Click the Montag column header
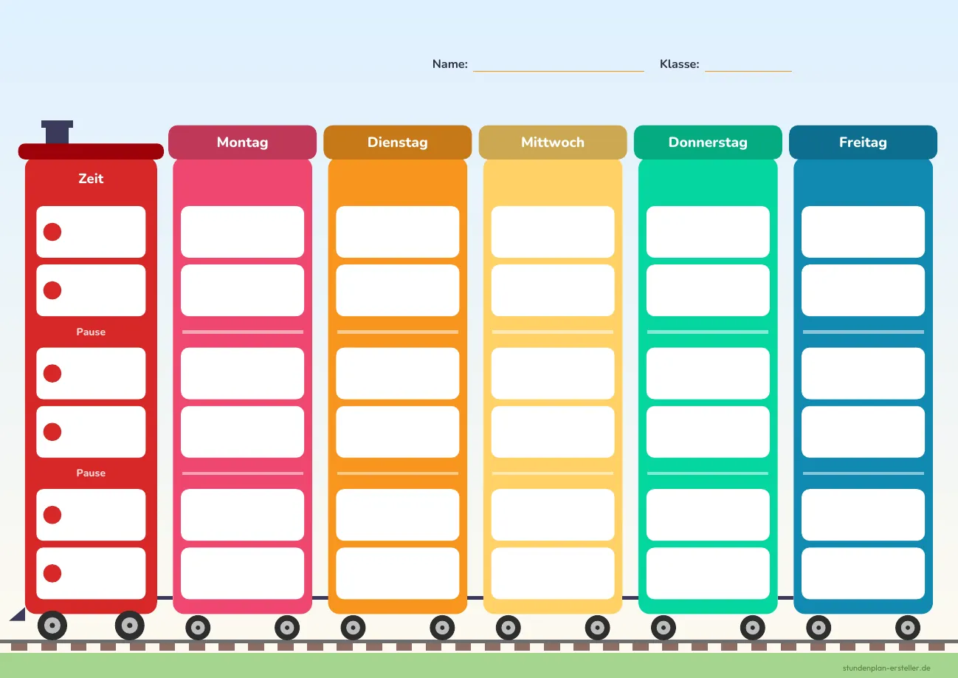(x=243, y=142)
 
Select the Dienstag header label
(x=398, y=142)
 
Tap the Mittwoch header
(x=553, y=142)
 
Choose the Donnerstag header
(x=708, y=142)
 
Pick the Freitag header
(x=863, y=142)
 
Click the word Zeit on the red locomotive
(x=91, y=179)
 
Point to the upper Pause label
(x=91, y=332)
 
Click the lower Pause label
(x=91, y=473)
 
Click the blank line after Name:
(x=559, y=71)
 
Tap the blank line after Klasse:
(x=748, y=71)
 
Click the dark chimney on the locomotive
(x=58, y=131)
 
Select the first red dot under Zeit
(x=52, y=232)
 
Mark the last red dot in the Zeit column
(x=52, y=574)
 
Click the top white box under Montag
(x=243, y=232)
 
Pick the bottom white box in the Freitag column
(x=863, y=574)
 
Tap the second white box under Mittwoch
(x=553, y=290)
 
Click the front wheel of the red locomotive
(x=52, y=626)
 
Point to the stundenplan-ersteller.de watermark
(x=886, y=668)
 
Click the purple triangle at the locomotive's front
(x=20, y=615)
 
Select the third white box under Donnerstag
(x=708, y=373)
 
